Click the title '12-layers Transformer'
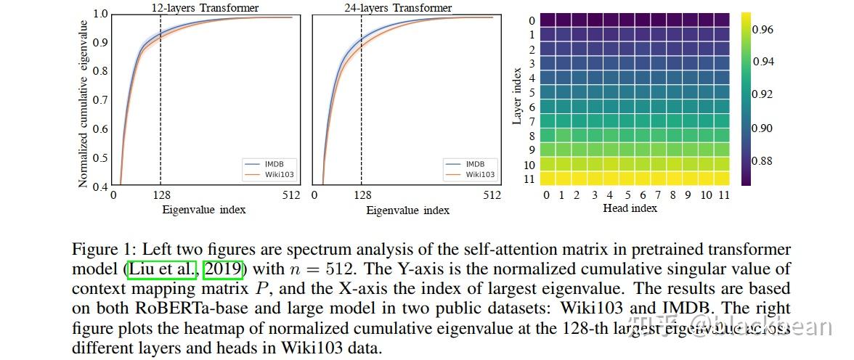coord(206,8)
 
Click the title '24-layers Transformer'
coord(398,8)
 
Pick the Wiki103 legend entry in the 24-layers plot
coord(479,174)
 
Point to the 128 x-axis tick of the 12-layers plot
coord(160,195)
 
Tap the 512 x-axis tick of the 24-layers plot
coord(492,195)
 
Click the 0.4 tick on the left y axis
coord(100,187)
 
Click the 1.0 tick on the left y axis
coord(100,14)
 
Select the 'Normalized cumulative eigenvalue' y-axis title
coord(84,100)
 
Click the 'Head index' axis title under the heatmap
coord(630,208)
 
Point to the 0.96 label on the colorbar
coord(763,30)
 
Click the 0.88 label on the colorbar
coord(763,161)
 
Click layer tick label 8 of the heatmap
coord(532,136)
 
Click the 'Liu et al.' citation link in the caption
coord(162,269)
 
